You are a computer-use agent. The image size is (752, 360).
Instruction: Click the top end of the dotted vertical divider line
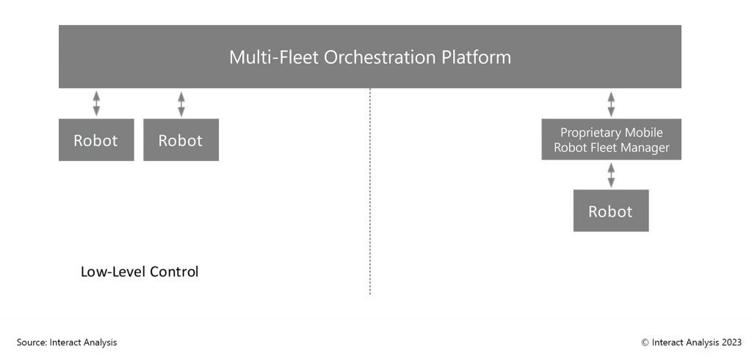point(370,88)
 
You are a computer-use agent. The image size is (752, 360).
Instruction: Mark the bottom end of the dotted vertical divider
point(370,295)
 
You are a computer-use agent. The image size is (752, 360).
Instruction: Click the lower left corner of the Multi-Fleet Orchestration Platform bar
point(59,88)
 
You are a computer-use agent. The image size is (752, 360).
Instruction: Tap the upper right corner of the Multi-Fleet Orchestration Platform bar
point(681,25)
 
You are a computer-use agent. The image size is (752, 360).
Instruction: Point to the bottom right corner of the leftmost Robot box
point(134,161)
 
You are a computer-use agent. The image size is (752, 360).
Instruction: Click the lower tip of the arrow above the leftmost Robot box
point(96,116)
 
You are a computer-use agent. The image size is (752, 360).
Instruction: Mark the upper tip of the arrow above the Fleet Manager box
point(611,91)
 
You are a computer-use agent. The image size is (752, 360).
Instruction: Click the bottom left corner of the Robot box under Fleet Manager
point(574,231)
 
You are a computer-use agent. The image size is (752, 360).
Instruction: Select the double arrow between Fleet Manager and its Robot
point(611,175)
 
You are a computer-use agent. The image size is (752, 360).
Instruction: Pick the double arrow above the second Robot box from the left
point(181,104)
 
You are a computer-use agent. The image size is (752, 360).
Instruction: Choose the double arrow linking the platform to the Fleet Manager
point(611,104)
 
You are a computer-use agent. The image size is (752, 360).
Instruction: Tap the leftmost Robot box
point(96,140)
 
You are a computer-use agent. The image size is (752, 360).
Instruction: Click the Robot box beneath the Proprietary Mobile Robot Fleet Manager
point(611,210)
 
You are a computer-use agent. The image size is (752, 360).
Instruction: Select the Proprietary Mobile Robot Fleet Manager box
point(612,139)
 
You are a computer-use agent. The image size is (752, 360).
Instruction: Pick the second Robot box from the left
point(181,140)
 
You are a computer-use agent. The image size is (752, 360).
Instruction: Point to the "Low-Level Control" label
point(140,272)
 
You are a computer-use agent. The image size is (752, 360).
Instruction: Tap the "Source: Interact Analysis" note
point(67,342)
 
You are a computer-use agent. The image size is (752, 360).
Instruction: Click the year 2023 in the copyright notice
point(731,342)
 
